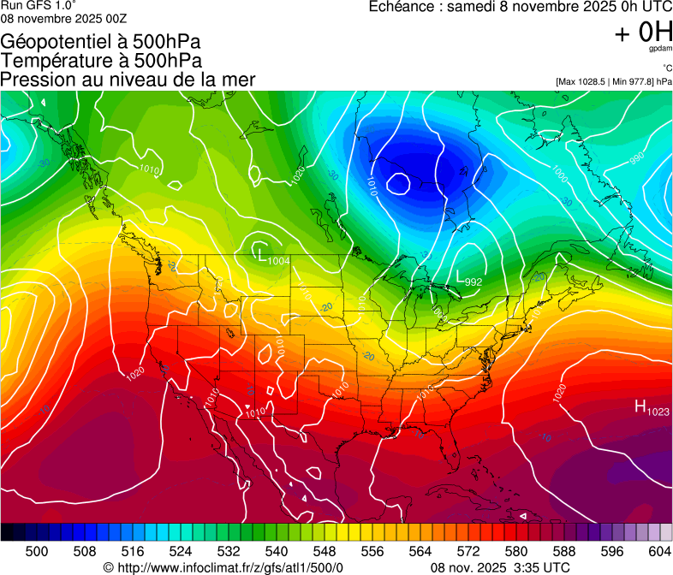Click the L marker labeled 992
click(461, 278)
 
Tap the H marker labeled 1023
click(639, 406)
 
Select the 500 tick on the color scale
click(38, 550)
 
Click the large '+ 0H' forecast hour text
click(643, 33)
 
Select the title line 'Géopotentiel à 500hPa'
click(101, 42)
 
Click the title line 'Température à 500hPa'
click(101, 61)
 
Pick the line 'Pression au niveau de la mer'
click(128, 80)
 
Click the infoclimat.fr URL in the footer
click(223, 567)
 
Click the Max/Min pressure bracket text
click(612, 82)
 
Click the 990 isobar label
click(637, 158)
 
